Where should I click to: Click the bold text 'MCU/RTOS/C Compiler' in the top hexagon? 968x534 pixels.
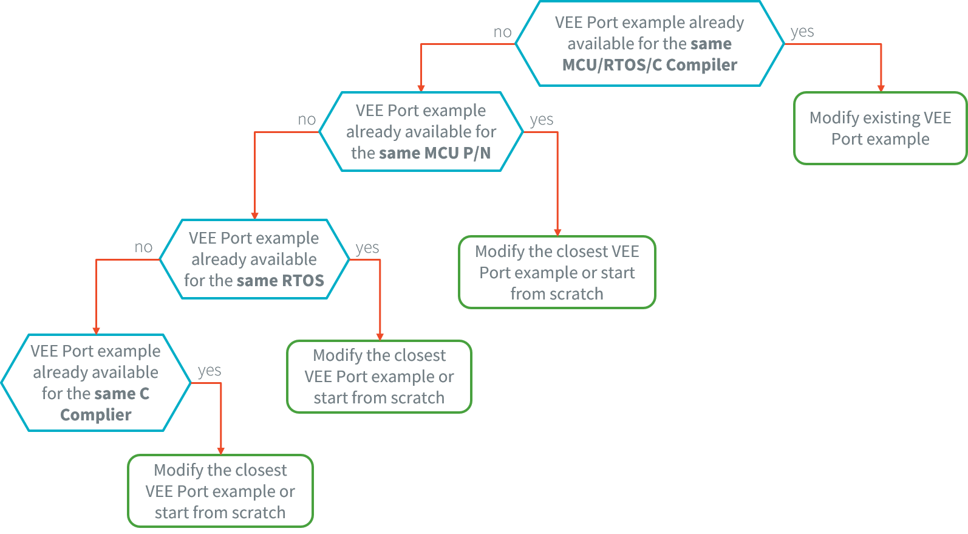pyautogui.click(x=649, y=65)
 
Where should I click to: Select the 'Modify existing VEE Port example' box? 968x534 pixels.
pyautogui.click(x=880, y=128)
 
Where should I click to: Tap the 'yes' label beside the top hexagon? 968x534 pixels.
pyautogui.click(x=802, y=32)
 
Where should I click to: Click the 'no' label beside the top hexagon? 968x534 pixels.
pyautogui.click(x=502, y=32)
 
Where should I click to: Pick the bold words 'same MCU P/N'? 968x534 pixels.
pyautogui.click(x=435, y=153)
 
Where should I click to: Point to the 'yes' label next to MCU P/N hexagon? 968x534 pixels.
pyautogui.click(x=541, y=120)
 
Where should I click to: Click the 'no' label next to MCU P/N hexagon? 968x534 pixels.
pyautogui.click(x=307, y=120)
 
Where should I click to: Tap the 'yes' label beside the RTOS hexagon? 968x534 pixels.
pyautogui.click(x=367, y=248)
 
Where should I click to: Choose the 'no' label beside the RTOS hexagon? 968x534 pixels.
pyautogui.click(x=143, y=247)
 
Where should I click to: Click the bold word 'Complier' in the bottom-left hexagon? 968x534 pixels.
pyautogui.click(x=95, y=415)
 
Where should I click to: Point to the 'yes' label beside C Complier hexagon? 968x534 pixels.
pyautogui.click(x=209, y=371)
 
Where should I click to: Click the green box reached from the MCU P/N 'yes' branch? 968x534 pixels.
pyautogui.click(x=557, y=272)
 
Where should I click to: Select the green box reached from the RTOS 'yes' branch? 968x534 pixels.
pyautogui.click(x=379, y=377)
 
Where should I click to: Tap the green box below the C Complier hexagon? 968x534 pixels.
pyautogui.click(x=220, y=491)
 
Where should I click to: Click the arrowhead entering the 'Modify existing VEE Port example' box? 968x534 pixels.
pyautogui.click(x=881, y=88)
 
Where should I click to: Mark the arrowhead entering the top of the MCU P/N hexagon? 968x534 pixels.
pyautogui.click(x=421, y=88)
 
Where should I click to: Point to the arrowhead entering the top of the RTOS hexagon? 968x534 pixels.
pyautogui.click(x=254, y=216)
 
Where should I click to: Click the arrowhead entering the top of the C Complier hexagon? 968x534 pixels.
pyautogui.click(x=96, y=330)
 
